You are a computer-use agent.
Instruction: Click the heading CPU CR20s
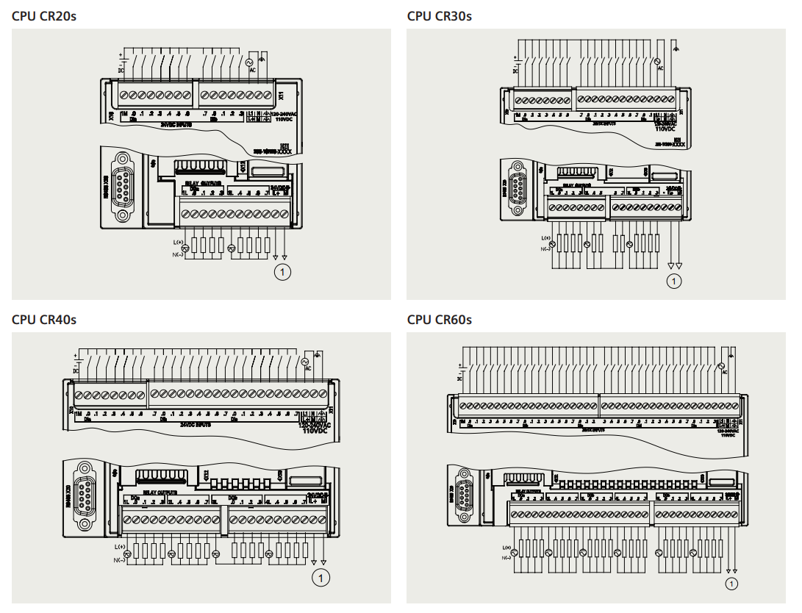click(x=44, y=15)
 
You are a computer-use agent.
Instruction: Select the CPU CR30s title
click(x=439, y=15)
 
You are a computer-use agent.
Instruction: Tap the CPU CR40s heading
click(x=44, y=320)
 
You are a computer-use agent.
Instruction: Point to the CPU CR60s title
click(x=439, y=320)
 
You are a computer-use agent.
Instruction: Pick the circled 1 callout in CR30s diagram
click(x=673, y=280)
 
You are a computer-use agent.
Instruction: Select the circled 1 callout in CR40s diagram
click(x=321, y=578)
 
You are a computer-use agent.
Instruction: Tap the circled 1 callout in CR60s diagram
click(x=731, y=584)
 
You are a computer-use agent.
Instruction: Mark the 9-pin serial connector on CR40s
click(x=85, y=492)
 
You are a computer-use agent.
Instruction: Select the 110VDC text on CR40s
click(x=314, y=431)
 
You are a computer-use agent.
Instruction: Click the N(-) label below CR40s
click(x=118, y=560)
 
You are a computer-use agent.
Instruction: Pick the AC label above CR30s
click(x=661, y=68)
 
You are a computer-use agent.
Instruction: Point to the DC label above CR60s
click(x=459, y=378)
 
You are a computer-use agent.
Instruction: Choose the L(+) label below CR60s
click(x=506, y=548)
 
